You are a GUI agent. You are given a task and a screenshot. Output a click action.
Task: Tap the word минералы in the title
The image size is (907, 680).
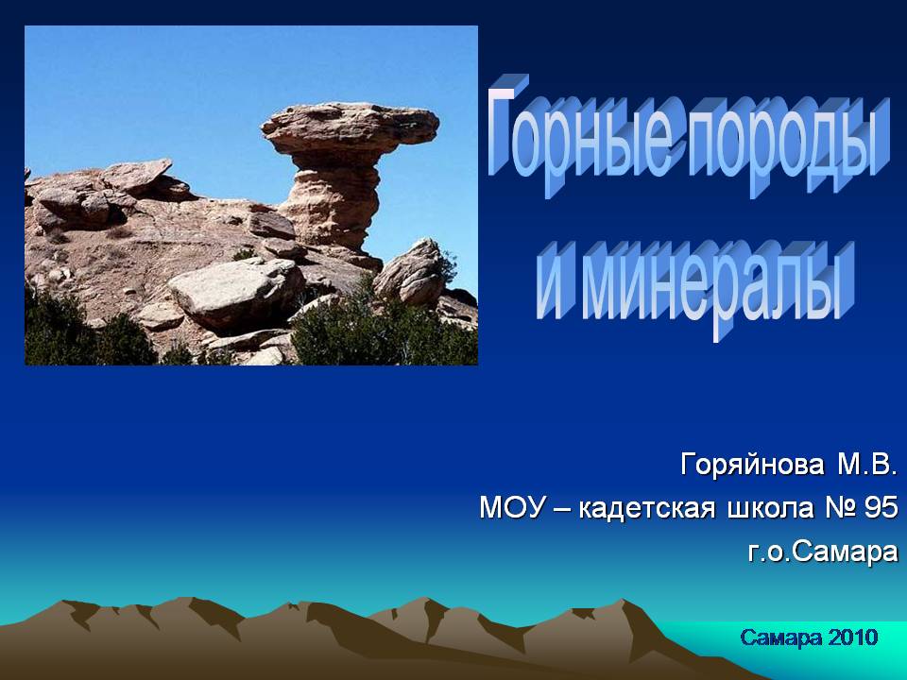(718, 286)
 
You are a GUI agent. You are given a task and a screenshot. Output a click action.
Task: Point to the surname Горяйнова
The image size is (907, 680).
(753, 465)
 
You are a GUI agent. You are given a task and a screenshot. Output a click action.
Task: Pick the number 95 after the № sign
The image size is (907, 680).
(881, 508)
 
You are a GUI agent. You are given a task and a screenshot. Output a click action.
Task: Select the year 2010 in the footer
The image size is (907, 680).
(853, 637)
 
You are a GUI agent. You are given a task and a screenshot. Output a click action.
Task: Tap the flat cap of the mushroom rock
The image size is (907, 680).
(350, 128)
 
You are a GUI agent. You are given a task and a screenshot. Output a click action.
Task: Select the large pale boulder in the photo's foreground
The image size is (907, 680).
(237, 292)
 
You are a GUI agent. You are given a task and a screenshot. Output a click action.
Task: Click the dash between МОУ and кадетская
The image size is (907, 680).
(561, 509)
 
